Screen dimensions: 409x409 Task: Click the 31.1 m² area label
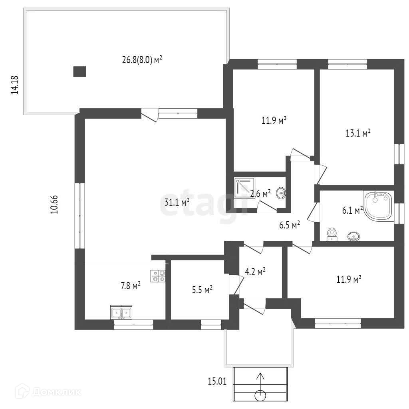tap(177, 202)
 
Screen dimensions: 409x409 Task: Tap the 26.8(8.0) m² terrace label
tap(142, 60)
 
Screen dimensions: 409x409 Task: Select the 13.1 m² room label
tap(358, 133)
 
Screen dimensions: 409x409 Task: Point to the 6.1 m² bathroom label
tap(352, 210)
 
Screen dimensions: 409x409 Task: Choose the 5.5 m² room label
tap(202, 289)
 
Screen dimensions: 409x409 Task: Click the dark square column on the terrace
tap(80, 71)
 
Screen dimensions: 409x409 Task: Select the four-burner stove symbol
tap(158, 276)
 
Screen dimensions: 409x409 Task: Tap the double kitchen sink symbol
tap(121, 313)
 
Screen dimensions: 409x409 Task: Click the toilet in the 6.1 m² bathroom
tap(331, 234)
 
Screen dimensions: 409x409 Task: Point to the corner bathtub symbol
tap(378, 205)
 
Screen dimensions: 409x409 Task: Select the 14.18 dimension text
tap(15, 84)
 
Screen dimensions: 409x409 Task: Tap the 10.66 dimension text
tap(55, 204)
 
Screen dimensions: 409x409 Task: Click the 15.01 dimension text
tap(217, 381)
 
